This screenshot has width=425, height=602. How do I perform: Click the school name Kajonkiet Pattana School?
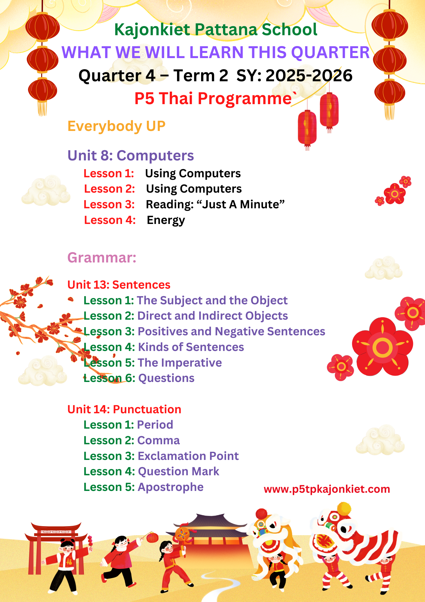click(x=216, y=30)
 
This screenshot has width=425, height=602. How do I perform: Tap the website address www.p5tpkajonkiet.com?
click(x=327, y=489)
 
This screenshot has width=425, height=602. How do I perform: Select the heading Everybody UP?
click(x=116, y=126)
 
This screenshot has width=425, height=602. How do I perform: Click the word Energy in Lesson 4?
click(x=166, y=221)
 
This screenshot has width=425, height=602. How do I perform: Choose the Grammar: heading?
click(x=102, y=258)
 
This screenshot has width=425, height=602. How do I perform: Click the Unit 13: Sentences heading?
click(x=119, y=285)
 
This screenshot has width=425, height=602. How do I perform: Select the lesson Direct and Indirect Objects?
click(x=212, y=316)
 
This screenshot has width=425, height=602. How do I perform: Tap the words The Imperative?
click(x=180, y=363)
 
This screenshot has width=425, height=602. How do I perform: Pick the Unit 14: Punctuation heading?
click(x=124, y=409)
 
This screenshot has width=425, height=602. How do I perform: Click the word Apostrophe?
click(x=170, y=487)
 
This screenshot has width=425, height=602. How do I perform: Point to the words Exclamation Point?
click(x=188, y=456)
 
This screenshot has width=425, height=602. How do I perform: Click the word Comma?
click(x=158, y=440)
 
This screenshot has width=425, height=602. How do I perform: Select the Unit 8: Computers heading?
click(x=131, y=156)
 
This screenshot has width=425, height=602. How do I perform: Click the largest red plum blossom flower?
click(x=382, y=347)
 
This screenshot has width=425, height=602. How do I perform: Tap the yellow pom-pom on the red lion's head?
click(x=344, y=509)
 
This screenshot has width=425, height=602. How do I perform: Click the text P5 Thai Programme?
click(x=213, y=99)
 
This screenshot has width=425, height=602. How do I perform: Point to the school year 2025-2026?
click(x=309, y=76)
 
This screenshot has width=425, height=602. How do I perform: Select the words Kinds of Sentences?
click(x=191, y=347)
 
